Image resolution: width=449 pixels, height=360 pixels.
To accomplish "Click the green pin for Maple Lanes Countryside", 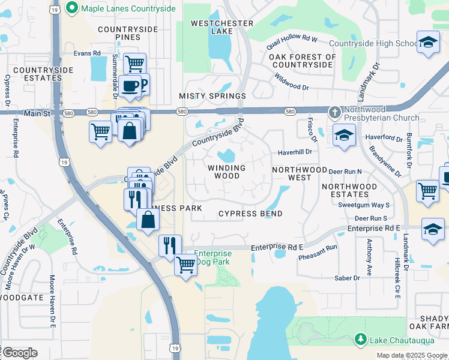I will click(73, 8).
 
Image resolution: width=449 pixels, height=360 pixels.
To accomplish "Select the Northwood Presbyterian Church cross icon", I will click(335, 112).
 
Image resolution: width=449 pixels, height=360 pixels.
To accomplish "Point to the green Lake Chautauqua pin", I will click(360, 340).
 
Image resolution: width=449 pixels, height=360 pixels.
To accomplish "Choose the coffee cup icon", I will click(130, 86).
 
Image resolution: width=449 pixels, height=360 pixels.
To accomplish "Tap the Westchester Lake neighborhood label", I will click(221, 27).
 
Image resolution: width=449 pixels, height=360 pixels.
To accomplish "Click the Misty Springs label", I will click(212, 96).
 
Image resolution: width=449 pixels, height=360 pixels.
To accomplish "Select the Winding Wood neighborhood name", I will click(227, 172).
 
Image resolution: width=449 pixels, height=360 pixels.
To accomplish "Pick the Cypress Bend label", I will click(250, 214).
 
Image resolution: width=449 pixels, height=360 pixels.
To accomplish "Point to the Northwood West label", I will click(300, 174).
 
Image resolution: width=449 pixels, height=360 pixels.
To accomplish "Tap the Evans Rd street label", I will click(86, 53).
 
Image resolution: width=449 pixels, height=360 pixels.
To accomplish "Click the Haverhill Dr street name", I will click(294, 152).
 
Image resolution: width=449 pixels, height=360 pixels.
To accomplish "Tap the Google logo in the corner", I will click(20, 352).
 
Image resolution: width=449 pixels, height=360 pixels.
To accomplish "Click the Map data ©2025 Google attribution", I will click(411, 355).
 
